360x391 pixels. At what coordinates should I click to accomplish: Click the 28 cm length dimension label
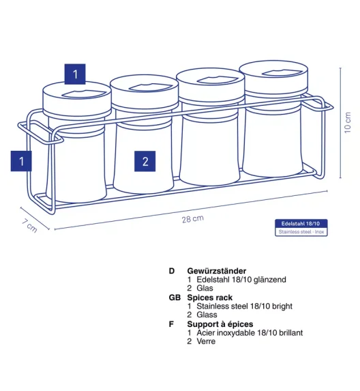(x=192, y=218)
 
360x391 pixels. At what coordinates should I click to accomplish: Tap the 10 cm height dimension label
(x=348, y=122)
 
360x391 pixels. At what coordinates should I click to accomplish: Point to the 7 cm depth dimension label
(x=29, y=226)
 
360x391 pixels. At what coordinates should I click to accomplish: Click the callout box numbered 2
(x=145, y=161)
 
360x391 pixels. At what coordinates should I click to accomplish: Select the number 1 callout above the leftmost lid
(x=75, y=74)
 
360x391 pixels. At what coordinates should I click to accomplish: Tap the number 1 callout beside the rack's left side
(x=21, y=161)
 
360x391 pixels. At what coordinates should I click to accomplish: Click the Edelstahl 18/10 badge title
(x=301, y=224)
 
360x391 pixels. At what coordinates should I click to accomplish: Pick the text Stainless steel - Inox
(x=301, y=232)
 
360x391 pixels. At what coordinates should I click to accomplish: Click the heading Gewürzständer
(x=217, y=271)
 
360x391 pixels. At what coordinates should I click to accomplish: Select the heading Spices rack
(x=209, y=298)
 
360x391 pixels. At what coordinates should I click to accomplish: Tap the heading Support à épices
(x=220, y=324)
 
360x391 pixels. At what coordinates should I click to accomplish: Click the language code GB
(x=175, y=298)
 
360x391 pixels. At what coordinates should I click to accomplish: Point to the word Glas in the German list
(x=205, y=288)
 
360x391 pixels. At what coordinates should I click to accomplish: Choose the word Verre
(x=206, y=341)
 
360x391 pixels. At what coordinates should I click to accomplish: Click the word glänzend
(x=270, y=280)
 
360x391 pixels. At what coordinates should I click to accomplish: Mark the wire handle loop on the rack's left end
(x=40, y=133)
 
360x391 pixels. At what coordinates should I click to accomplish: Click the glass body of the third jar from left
(x=210, y=149)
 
